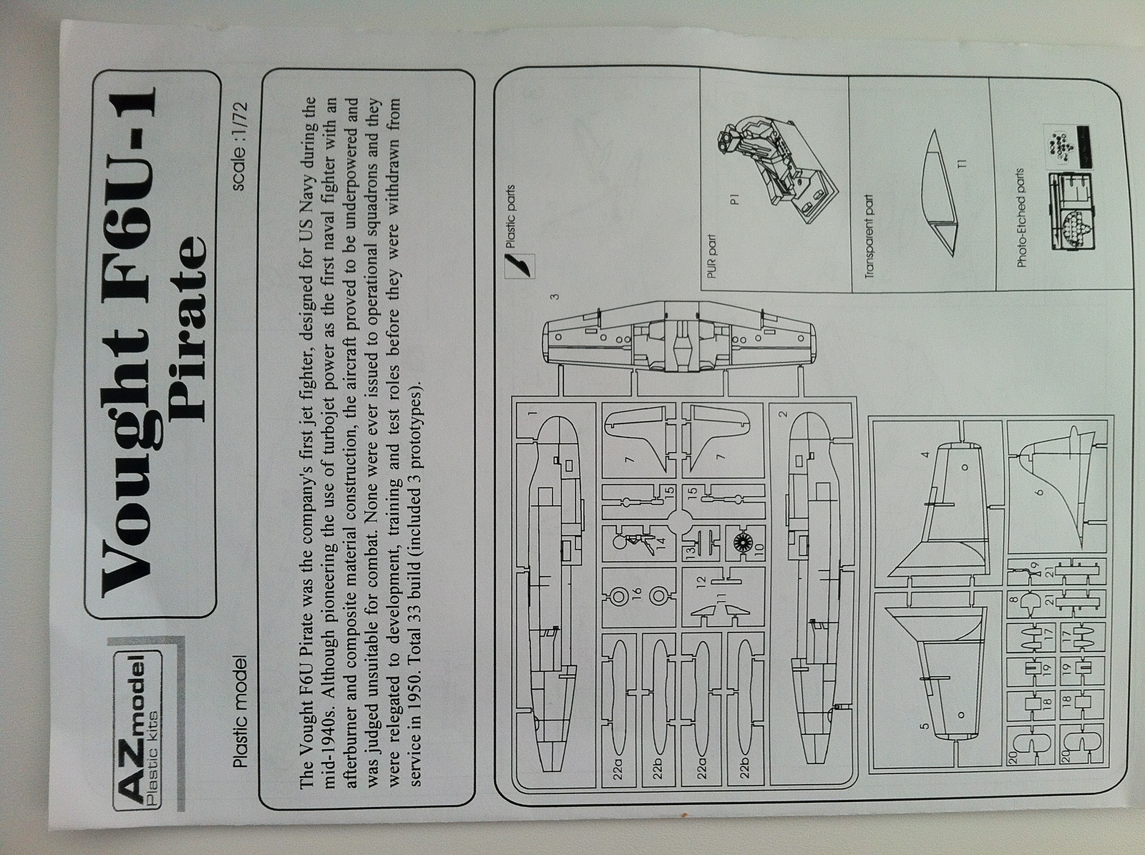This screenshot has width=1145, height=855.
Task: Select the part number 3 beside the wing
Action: click(554, 296)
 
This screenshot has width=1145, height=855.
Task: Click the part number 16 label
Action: click(638, 595)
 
